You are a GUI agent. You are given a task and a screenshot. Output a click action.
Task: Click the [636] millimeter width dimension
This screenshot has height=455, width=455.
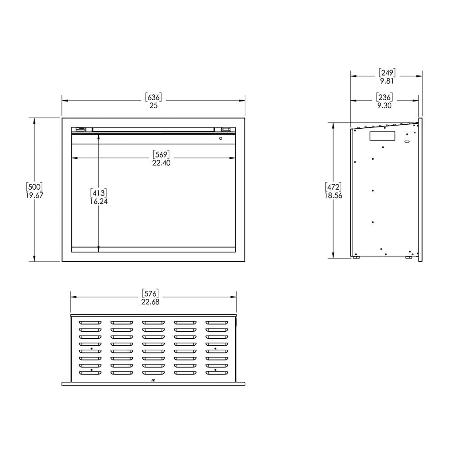point(153,97)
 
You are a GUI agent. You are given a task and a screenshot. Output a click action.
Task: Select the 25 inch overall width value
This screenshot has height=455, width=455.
point(153,106)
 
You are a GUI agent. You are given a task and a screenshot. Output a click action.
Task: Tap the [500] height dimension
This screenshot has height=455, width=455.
point(35,187)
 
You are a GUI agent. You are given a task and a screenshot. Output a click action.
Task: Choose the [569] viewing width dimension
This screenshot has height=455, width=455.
point(161,154)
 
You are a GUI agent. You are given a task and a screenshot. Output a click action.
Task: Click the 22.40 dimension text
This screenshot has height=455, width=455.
point(161,163)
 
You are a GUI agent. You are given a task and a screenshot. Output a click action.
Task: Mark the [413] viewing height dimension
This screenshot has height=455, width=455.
point(99,192)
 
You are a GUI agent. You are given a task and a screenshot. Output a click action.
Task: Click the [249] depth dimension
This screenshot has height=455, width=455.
point(387,72)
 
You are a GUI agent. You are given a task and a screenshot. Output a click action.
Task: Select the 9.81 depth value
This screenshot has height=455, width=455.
point(387,81)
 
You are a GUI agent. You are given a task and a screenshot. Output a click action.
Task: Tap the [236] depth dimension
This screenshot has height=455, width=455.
point(384,97)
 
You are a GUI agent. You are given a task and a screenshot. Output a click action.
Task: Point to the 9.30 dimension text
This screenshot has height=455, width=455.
point(384,106)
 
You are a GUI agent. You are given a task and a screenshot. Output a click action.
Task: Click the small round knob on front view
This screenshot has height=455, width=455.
point(221,138)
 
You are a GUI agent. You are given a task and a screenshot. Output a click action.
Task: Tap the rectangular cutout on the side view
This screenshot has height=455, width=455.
point(382,136)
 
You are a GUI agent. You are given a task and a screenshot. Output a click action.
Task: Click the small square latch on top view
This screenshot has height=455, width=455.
point(153,380)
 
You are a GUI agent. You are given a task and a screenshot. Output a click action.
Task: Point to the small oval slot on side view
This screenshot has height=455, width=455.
point(407,142)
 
